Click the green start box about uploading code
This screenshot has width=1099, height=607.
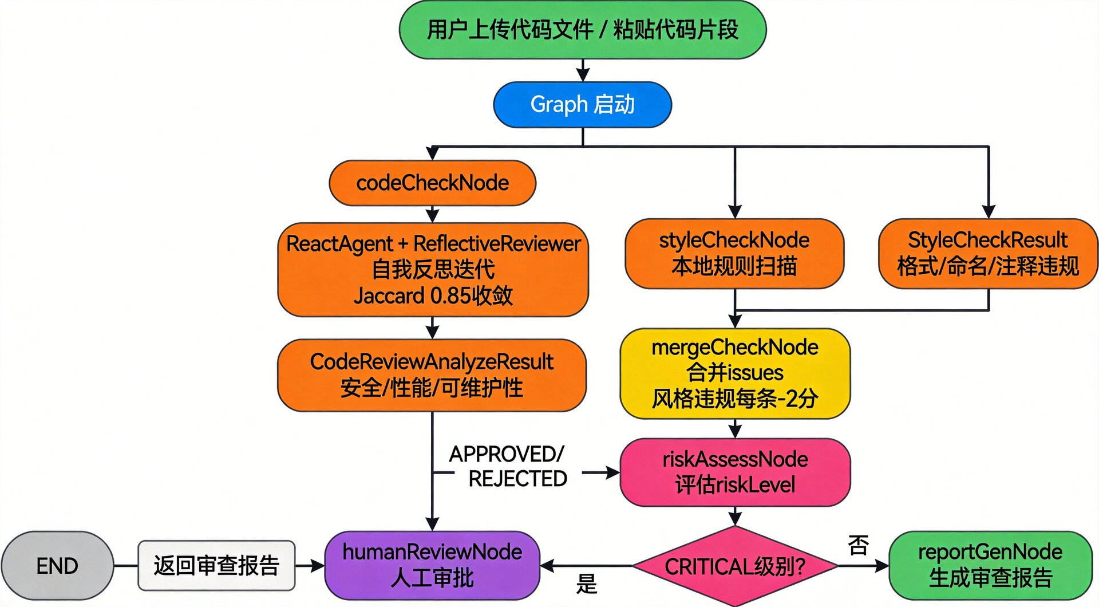[582, 30]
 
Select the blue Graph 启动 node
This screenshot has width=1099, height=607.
[582, 104]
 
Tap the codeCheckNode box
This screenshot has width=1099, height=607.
[432, 183]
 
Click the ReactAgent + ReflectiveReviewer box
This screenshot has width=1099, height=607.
[433, 269]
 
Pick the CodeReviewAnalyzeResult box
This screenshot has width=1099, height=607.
[432, 375]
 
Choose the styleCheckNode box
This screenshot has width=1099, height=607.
[734, 253]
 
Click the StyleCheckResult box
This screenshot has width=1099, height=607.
[988, 253]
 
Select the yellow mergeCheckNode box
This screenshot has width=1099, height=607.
[735, 373]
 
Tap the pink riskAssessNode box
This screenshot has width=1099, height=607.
[735, 472]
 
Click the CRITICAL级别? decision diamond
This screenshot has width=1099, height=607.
[735, 566]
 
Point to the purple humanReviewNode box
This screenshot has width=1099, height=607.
[432, 566]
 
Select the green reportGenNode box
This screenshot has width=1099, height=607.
[990, 566]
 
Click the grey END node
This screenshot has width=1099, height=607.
[57, 566]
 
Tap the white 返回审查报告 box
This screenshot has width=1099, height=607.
[216, 566]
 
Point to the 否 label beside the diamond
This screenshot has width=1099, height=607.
[858, 545]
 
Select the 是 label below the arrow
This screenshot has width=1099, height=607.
[587, 584]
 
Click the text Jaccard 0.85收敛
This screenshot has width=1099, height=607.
[433, 296]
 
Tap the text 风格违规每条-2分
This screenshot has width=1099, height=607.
[735, 399]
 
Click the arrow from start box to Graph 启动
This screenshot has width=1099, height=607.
[583, 70]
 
